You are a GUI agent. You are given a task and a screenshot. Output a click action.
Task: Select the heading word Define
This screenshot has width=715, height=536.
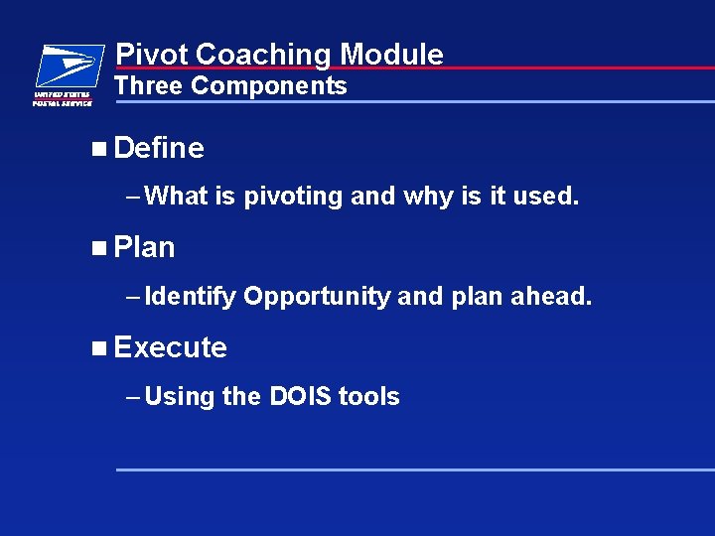click(159, 149)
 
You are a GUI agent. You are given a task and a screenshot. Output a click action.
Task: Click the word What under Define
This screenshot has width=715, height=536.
click(177, 197)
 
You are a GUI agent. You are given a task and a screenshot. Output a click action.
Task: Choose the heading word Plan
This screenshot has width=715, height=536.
click(145, 248)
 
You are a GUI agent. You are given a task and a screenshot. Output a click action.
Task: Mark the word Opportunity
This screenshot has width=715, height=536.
click(317, 297)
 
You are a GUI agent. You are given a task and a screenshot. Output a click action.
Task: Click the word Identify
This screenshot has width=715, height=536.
click(190, 297)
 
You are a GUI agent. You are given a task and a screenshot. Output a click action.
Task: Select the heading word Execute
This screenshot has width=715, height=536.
click(171, 347)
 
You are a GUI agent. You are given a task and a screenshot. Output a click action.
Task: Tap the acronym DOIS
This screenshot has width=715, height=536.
click(300, 397)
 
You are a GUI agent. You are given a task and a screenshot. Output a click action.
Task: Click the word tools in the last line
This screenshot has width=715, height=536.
click(369, 397)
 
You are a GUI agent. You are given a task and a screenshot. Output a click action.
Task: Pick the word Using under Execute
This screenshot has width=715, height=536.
click(180, 397)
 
